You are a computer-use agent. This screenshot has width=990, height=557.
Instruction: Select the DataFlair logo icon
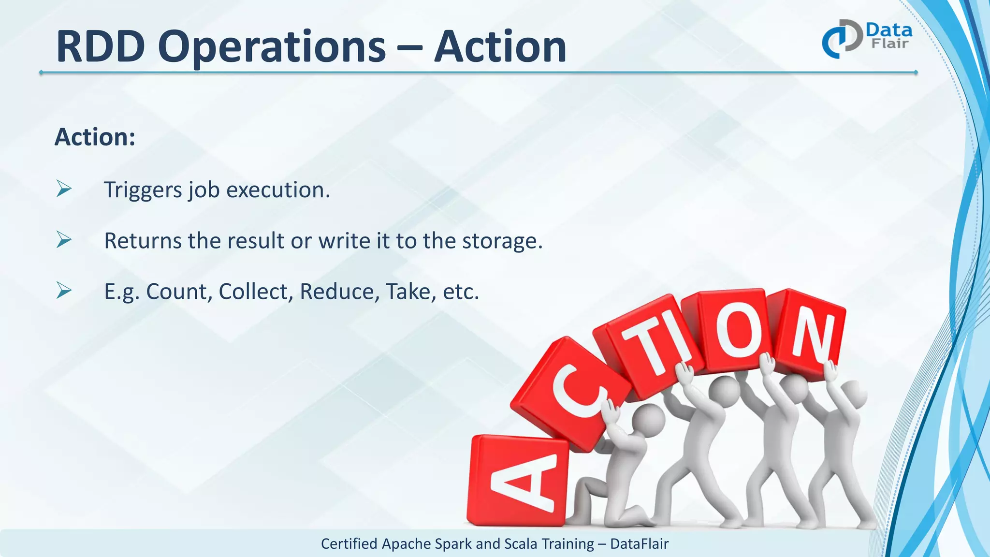pos(842,39)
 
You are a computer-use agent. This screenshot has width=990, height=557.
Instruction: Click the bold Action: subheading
pos(95,137)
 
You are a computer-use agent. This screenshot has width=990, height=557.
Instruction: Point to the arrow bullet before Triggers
pos(64,189)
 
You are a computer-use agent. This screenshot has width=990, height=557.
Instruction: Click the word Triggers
pos(143,190)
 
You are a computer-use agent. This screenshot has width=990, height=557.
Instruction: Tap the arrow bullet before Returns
pos(64,239)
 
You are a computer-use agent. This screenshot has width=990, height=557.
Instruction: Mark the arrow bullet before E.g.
pos(64,290)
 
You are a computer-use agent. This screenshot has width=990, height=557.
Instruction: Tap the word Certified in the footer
pos(349,544)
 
